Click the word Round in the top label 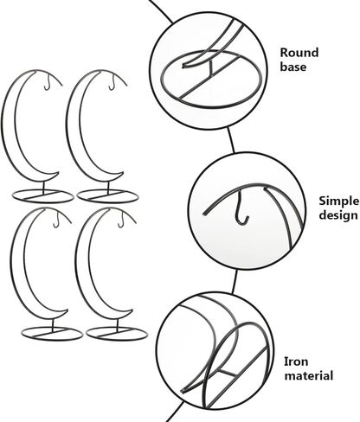(x=299, y=53)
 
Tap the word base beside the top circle (x=293, y=67)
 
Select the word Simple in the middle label (x=339, y=201)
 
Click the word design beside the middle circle (x=338, y=215)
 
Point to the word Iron (x=296, y=361)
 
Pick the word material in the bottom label (x=309, y=376)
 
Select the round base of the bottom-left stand (x=52, y=340)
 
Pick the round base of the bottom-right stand (x=117, y=340)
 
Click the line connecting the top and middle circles (x=231, y=140)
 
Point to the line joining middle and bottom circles (x=235, y=282)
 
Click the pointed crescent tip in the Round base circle (x=183, y=66)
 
